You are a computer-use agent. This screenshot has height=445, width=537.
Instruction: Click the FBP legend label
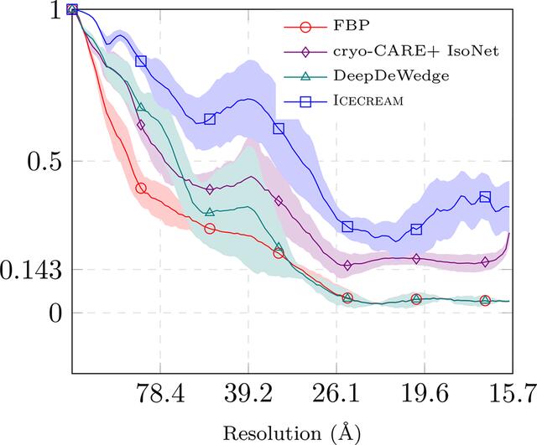[352, 26]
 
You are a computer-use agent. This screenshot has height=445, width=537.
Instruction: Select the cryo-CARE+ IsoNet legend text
[416, 51]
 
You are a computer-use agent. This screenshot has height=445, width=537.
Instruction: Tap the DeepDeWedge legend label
[391, 76]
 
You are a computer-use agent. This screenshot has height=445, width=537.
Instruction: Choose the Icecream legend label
[368, 101]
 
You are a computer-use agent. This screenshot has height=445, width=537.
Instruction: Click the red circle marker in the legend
[305, 27]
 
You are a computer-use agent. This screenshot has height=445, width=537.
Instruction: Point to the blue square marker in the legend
[305, 101]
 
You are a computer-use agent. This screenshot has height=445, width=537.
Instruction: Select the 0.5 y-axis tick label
[44, 163]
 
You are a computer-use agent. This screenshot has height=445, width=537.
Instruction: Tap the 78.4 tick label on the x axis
[160, 393]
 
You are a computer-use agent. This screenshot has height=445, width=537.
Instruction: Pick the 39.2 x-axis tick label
[248, 393]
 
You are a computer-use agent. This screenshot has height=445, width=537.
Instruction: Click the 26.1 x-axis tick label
[336, 393]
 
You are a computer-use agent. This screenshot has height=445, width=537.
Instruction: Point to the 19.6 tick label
[425, 393]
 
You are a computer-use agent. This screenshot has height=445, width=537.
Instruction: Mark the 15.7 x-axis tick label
[513, 393]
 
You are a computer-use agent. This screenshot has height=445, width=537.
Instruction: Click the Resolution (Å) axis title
[292, 432]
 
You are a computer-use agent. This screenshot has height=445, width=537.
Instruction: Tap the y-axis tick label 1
[56, 11]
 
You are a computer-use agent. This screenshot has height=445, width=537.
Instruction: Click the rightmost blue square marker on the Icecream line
[485, 197]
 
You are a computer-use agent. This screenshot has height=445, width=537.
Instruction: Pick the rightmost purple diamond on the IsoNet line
[485, 262]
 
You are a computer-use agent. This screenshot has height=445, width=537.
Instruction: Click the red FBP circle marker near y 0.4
[141, 188]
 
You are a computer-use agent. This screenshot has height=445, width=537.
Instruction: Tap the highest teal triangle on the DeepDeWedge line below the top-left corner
[141, 107]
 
